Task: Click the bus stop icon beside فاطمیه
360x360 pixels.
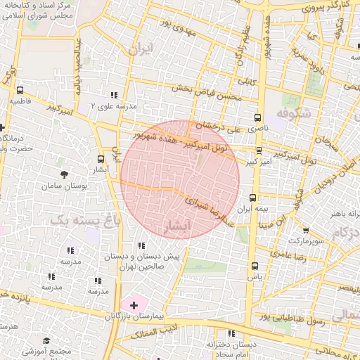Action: tap(20, 90)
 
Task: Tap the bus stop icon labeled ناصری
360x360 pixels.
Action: tap(257, 117)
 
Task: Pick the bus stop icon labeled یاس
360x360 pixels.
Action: tap(254, 266)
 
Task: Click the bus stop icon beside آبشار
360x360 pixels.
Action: tap(101, 159)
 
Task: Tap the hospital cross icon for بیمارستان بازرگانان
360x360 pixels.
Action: tap(134, 304)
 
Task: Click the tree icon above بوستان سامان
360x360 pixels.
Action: tap(65, 174)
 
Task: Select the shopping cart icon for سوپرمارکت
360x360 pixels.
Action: tap(305, 230)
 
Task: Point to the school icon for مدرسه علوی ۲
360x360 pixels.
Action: tap(112, 95)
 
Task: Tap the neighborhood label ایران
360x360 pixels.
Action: tap(140, 49)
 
